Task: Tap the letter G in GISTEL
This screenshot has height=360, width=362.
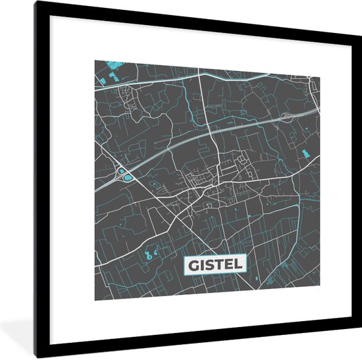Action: pos(193,265)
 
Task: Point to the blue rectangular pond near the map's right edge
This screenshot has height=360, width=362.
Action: pos(307,155)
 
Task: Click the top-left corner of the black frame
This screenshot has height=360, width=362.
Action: pos(38,4)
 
